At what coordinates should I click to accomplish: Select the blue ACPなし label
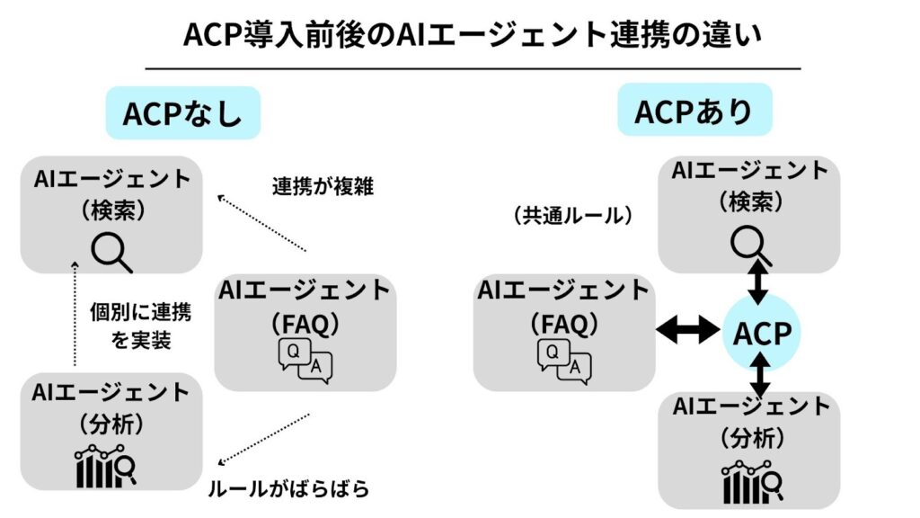click(182, 113)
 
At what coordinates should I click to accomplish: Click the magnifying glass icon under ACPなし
click(112, 251)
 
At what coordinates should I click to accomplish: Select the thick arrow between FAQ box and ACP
click(686, 332)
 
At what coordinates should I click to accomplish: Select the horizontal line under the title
click(472, 68)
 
